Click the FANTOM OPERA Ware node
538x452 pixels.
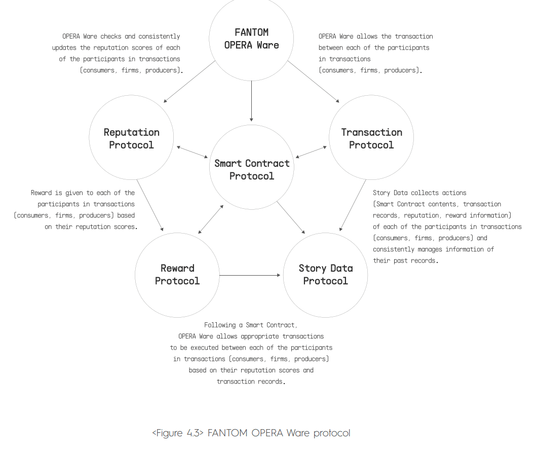(x=251, y=39)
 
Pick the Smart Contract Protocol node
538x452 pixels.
(x=251, y=167)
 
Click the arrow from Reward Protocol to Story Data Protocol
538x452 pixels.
(x=250, y=275)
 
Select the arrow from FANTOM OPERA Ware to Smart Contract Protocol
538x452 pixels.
(x=251, y=101)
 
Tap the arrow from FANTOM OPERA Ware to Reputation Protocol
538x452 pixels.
(x=189, y=82)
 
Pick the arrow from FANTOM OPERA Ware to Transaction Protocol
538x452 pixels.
(x=313, y=82)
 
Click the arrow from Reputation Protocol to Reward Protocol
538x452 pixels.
(x=150, y=205)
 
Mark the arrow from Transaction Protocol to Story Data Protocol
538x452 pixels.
(x=353, y=205)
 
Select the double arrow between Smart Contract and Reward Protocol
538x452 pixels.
(x=211, y=219)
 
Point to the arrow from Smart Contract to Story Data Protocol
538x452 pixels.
(x=291, y=217)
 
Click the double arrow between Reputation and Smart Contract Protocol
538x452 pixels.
(x=192, y=152)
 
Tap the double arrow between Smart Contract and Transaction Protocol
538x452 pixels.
(x=311, y=152)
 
